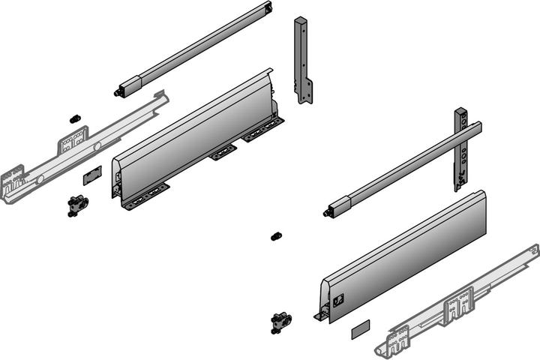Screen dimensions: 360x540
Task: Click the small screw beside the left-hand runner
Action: pos(74,118)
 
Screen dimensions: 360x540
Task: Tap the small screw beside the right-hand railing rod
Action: pos(276,236)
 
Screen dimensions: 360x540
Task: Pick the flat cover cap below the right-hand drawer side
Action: pos(360,327)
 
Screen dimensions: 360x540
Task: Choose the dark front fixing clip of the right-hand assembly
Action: pos(280,322)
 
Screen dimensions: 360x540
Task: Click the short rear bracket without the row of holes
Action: pos(302,60)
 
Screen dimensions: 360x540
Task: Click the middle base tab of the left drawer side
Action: pos(223,152)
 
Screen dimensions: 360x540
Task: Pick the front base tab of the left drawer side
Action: pos(142,199)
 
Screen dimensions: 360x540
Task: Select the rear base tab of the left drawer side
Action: pos(262,132)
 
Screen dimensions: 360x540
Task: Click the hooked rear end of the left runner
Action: pos(159,97)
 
